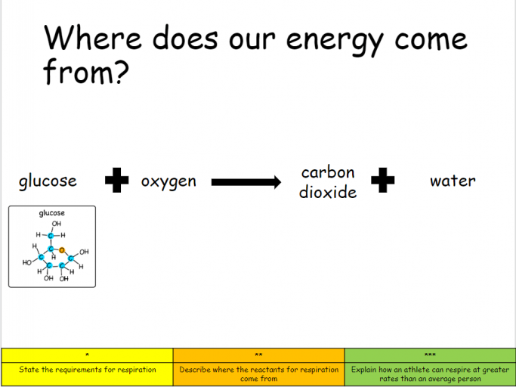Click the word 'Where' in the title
coord(93,37)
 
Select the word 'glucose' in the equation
coord(48,181)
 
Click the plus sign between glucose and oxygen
coord(117,180)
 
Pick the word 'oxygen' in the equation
coord(168,181)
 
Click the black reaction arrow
coord(246,182)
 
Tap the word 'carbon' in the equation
coord(328,172)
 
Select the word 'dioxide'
coord(328,192)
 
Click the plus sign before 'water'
coord(383,180)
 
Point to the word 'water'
coord(453,181)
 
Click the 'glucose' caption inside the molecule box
coord(52,213)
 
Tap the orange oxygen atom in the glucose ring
coord(61,250)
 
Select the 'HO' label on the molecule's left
coord(27,262)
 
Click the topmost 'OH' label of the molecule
coord(56,224)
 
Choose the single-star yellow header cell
coord(87,355)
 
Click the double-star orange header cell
coord(259,355)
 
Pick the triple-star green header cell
coord(430,355)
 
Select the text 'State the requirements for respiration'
coord(88,370)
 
